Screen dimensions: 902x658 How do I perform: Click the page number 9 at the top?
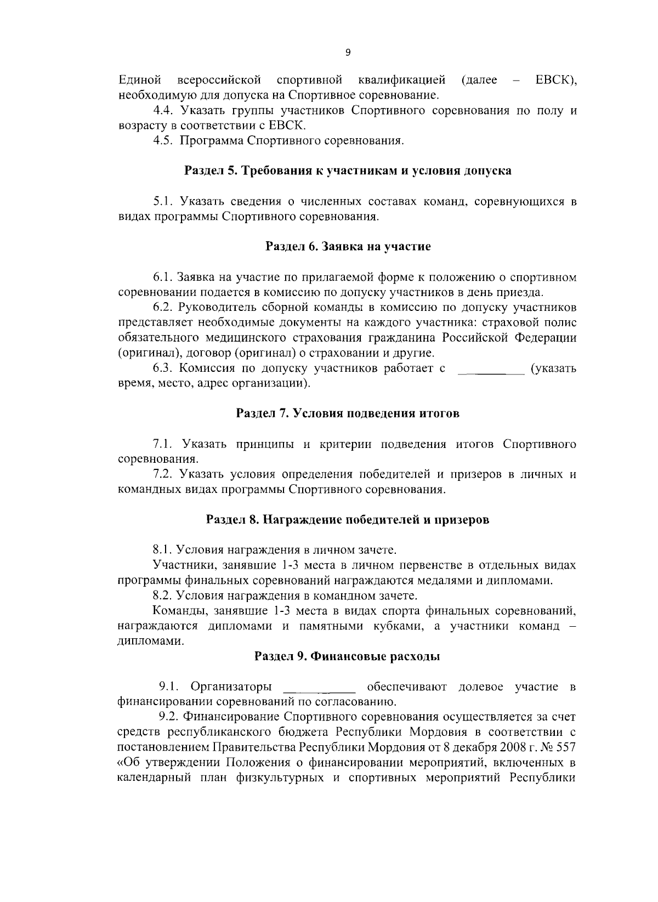pos(348,53)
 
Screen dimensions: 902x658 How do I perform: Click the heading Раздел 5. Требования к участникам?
pos(348,171)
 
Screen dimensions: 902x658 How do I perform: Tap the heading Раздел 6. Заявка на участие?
pos(348,246)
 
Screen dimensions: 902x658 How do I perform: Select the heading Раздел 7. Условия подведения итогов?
pos(348,413)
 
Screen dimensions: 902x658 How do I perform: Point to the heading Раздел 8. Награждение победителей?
pos(348,519)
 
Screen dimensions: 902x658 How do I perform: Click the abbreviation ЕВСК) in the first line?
pos(555,81)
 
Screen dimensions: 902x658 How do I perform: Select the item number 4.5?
pos(163,141)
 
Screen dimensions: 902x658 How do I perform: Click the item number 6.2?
pos(163,307)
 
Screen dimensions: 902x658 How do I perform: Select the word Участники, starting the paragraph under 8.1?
pos(180,565)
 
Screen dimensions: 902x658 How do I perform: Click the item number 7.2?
pos(163,474)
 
